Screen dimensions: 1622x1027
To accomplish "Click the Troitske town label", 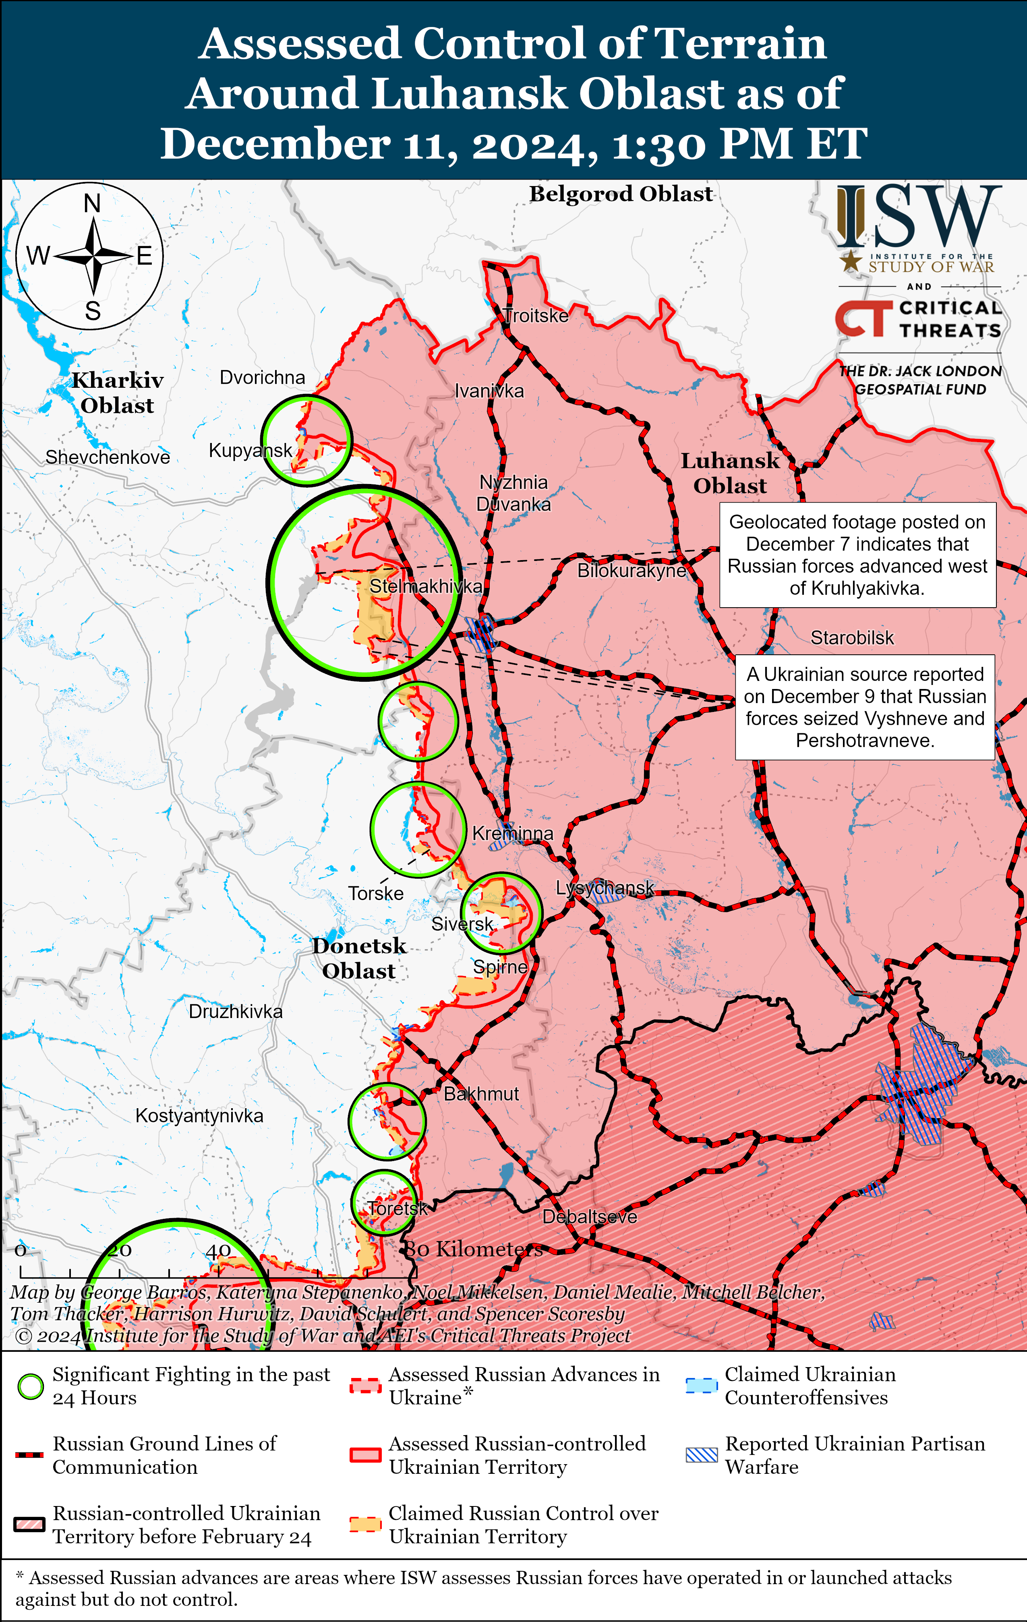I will [x=536, y=316].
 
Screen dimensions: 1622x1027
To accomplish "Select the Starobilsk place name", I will [x=852, y=638].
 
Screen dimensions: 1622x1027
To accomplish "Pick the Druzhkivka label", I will [x=235, y=1011].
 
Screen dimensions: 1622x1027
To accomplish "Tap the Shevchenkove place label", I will [x=108, y=457].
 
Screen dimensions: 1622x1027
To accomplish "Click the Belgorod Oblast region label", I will [x=621, y=194].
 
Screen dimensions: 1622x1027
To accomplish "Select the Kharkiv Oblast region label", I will [x=118, y=393].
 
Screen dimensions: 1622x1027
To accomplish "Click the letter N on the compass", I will [x=92, y=203].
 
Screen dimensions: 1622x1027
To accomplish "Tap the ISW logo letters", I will [x=919, y=217].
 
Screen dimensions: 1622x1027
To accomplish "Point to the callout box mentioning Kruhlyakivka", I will [x=857, y=554].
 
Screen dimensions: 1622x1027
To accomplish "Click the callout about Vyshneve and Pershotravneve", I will [x=865, y=707].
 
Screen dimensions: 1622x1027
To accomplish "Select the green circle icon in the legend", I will [x=30, y=1386].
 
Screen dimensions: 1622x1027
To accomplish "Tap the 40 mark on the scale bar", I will [x=218, y=1251].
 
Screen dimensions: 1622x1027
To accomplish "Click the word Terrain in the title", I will [x=741, y=44].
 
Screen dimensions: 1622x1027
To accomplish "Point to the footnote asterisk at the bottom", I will [x=20, y=1576].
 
